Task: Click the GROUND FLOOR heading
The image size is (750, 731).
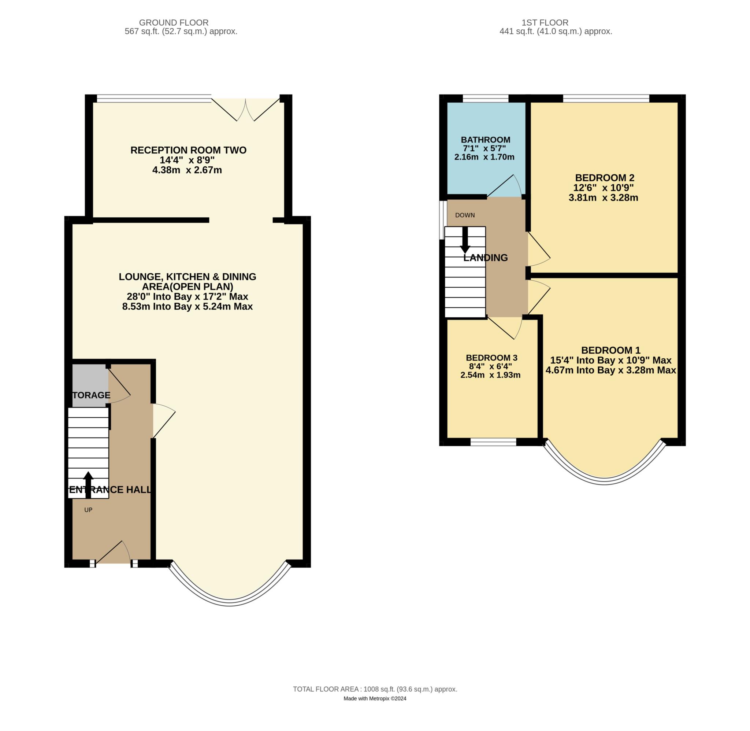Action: (174, 23)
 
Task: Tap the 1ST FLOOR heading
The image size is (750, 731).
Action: (545, 23)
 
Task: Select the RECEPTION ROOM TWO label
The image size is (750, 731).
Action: (188, 150)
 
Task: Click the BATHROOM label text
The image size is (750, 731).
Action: (485, 140)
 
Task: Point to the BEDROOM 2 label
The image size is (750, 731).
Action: (605, 178)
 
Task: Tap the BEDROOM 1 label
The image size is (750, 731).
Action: (611, 350)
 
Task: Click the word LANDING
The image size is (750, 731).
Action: (485, 258)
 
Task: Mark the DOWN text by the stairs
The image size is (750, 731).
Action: (465, 215)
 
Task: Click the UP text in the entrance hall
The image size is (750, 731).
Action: (88, 510)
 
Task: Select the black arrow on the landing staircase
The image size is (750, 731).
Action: (465, 240)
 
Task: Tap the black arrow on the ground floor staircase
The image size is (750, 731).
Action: (88, 485)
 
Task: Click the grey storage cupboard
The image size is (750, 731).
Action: (90, 385)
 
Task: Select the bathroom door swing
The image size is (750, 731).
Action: (504, 187)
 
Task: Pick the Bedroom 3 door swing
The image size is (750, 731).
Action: (505, 329)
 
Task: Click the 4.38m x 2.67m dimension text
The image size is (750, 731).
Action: (187, 170)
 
